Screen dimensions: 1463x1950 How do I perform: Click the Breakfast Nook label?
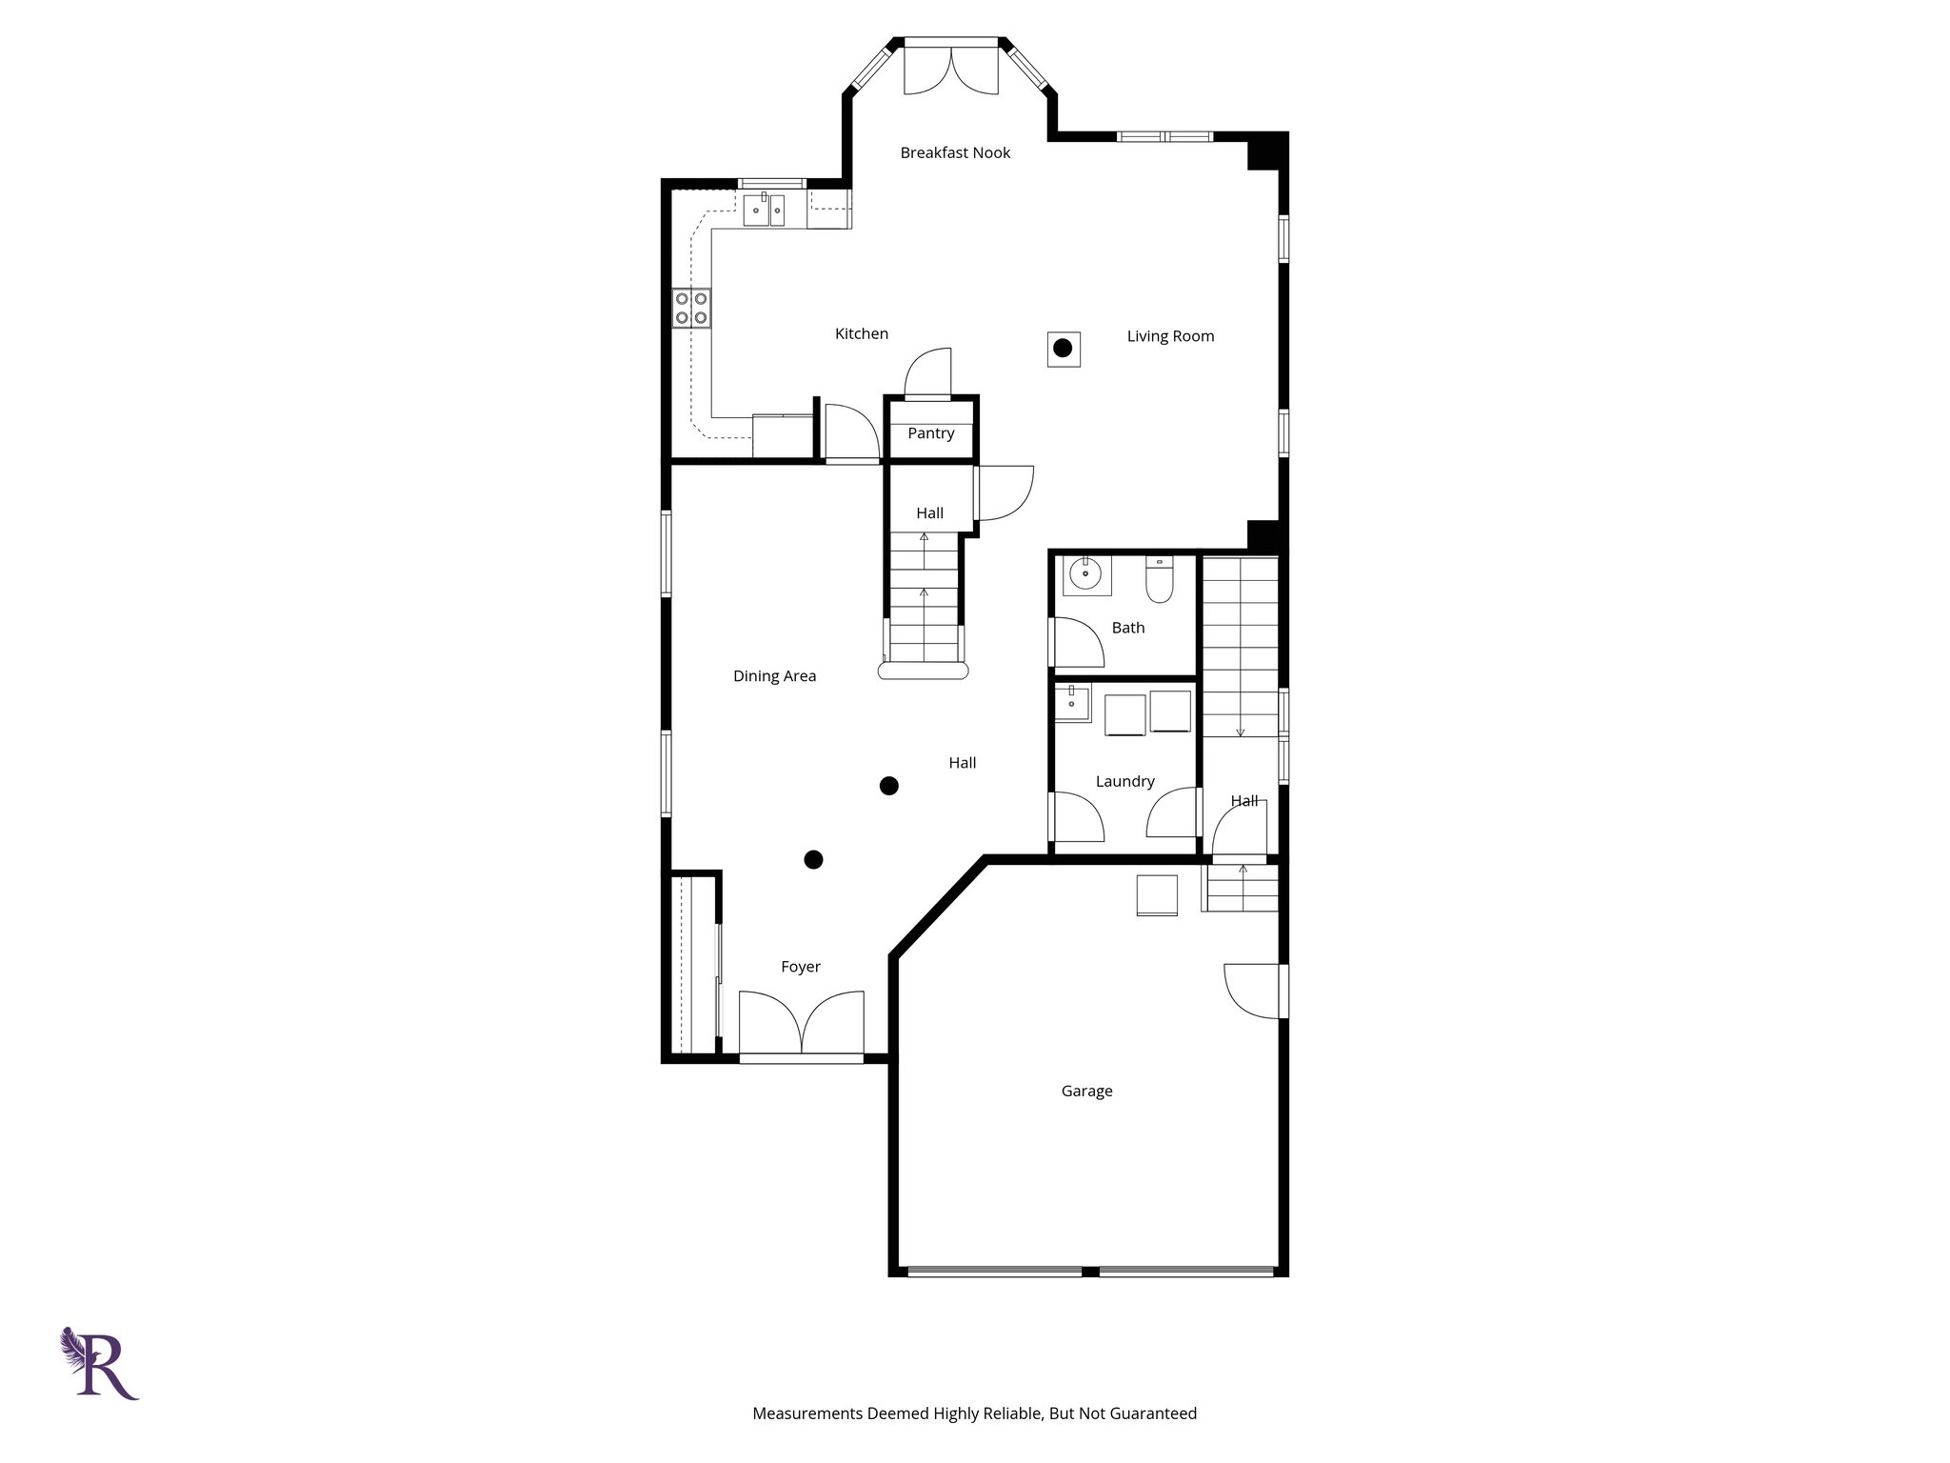(955, 152)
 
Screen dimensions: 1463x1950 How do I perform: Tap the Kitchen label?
(862, 333)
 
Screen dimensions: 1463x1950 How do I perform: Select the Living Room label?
(1170, 336)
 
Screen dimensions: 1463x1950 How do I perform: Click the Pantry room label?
(930, 433)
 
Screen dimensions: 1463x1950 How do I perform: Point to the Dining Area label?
(774, 676)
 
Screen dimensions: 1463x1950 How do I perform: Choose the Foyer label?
(801, 967)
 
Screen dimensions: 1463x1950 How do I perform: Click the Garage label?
(1086, 1092)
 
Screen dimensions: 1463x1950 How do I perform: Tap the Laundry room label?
(1124, 781)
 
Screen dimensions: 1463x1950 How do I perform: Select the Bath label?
(1128, 628)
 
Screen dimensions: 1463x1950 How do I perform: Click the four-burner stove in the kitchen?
(692, 308)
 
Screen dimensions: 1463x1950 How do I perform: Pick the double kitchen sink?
(765, 210)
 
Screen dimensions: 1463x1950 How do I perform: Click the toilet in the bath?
(1159, 580)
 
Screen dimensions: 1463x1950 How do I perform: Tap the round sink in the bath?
(1085, 574)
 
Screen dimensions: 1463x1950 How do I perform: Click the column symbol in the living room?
(1063, 349)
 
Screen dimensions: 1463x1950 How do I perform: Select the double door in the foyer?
(802, 1023)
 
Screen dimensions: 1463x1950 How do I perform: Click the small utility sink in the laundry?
(1074, 704)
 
